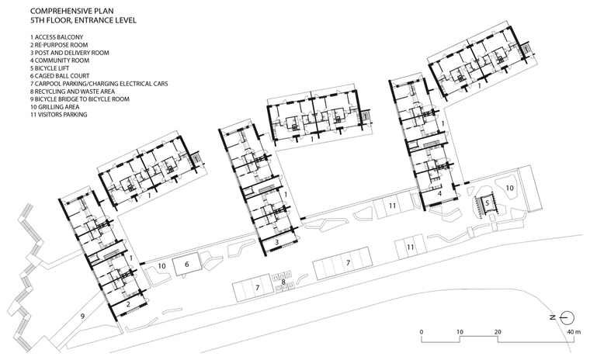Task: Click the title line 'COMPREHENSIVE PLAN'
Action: pyautogui.click(x=72, y=12)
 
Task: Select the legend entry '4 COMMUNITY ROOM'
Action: pyautogui.click(x=60, y=61)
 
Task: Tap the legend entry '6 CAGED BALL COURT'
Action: pyautogui.click(x=60, y=76)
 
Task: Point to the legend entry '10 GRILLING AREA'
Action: pyautogui.click(x=57, y=107)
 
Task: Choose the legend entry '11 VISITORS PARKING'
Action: pyautogui.click(x=59, y=115)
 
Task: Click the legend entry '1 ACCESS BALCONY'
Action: pyautogui.click(x=57, y=37)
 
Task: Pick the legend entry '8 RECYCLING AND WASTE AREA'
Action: pyautogui.click(x=73, y=92)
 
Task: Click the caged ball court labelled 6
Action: pyautogui.click(x=186, y=265)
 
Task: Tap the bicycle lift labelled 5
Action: pyautogui.click(x=487, y=203)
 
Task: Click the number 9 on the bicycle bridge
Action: pyautogui.click(x=83, y=317)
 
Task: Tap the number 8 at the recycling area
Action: pyautogui.click(x=283, y=281)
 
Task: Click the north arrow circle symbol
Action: pyautogui.click(x=567, y=318)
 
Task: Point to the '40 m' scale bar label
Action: pyautogui.click(x=574, y=332)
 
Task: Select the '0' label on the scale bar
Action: pyautogui.click(x=421, y=332)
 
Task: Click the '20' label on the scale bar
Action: pyautogui.click(x=498, y=332)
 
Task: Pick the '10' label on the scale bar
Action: pyautogui.click(x=460, y=332)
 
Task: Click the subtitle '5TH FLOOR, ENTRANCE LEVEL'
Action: pyautogui.click(x=83, y=20)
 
